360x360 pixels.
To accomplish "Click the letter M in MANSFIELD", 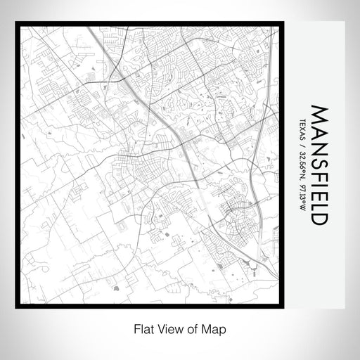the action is (x=319, y=115).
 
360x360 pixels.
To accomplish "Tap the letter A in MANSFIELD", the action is (x=319, y=131).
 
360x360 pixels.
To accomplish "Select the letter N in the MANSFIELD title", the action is (x=319, y=146).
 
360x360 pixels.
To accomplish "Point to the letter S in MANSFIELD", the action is (x=319, y=161).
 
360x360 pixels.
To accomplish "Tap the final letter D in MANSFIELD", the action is (x=319, y=218).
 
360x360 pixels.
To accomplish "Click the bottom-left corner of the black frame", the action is (x=15, y=306).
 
